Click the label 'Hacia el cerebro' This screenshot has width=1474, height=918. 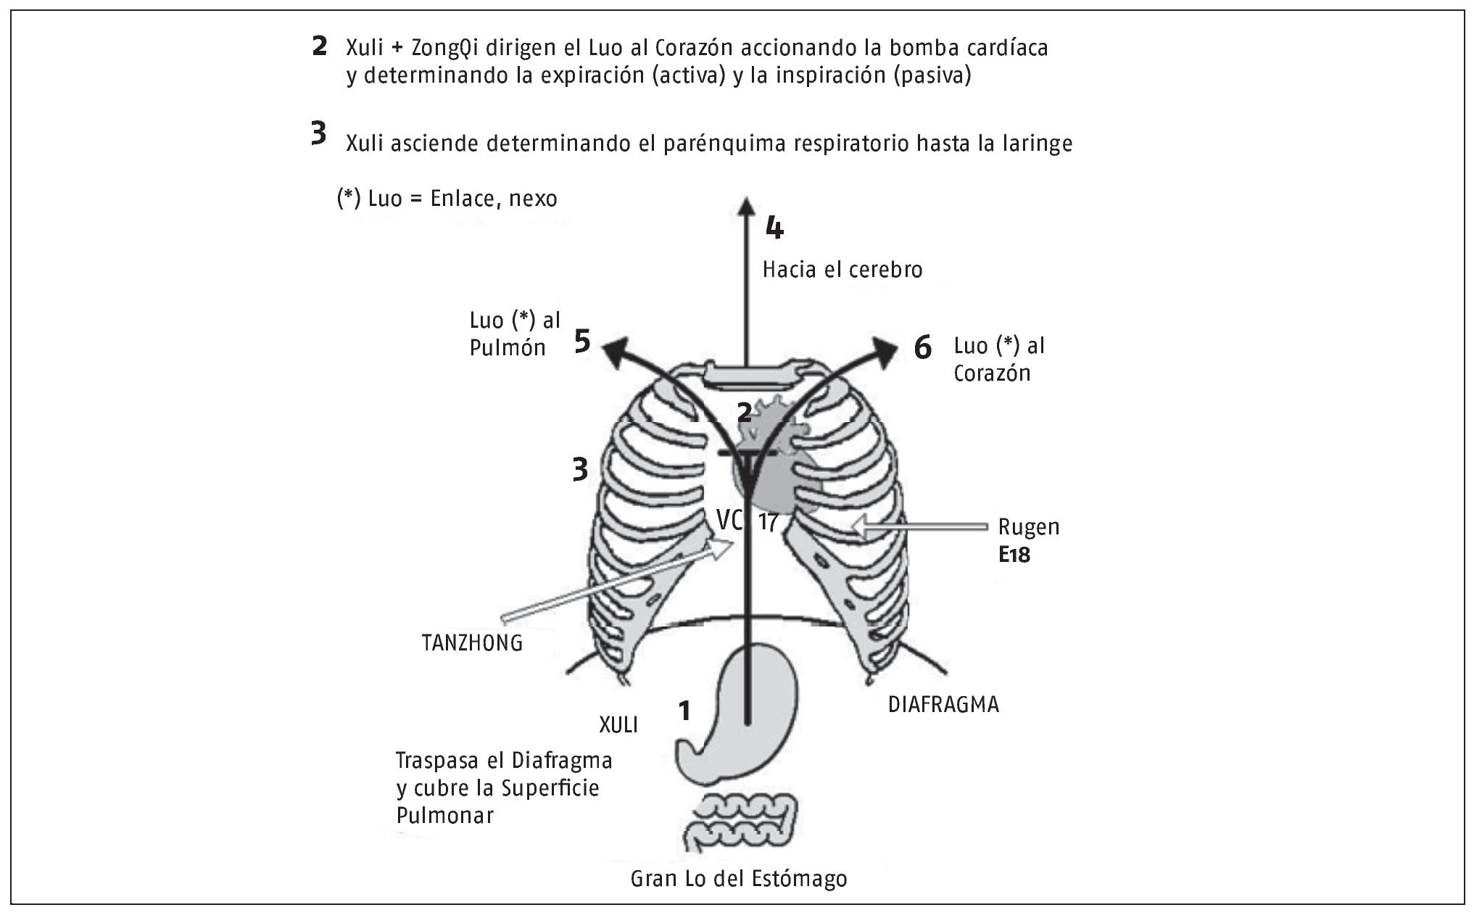842,270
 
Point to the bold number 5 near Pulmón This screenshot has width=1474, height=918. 582,341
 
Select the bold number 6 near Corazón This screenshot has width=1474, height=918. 922,348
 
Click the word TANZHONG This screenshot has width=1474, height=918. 472,642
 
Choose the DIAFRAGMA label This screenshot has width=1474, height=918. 943,704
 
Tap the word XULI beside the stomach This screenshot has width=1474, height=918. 618,724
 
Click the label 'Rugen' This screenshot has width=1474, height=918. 1028,526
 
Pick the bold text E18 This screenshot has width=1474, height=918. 1014,555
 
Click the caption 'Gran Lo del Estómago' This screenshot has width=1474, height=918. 739,879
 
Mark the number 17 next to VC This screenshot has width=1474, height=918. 768,522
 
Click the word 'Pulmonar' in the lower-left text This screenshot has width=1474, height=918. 444,815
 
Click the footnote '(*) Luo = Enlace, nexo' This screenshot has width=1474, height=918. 447,198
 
